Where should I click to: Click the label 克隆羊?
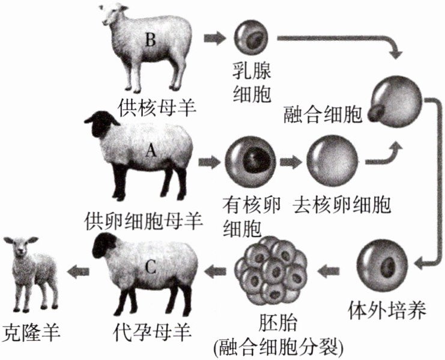pos(29,329)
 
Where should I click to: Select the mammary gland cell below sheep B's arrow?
pos(248,38)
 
